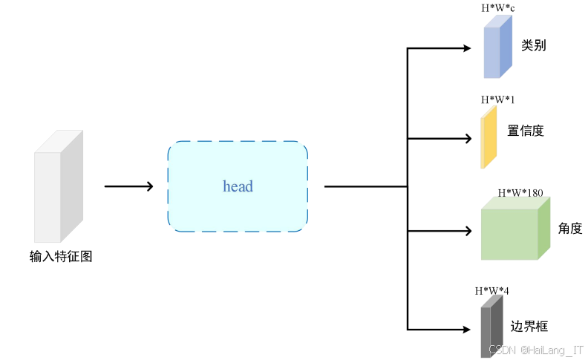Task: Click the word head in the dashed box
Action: [238, 186]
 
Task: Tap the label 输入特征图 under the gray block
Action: [61, 257]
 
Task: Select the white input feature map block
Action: [56, 189]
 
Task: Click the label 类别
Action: [533, 45]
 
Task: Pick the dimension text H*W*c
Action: [497, 7]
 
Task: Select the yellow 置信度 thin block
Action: [488, 138]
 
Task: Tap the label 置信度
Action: [526, 131]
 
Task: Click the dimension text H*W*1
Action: [497, 99]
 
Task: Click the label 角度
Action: [570, 229]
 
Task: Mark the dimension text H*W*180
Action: [520, 193]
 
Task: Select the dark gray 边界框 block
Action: [491, 327]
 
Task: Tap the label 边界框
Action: [529, 326]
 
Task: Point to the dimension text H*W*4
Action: [491, 290]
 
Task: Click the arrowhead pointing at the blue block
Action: [467, 49]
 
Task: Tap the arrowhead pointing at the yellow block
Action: [467, 138]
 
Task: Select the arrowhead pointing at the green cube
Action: [467, 230]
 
